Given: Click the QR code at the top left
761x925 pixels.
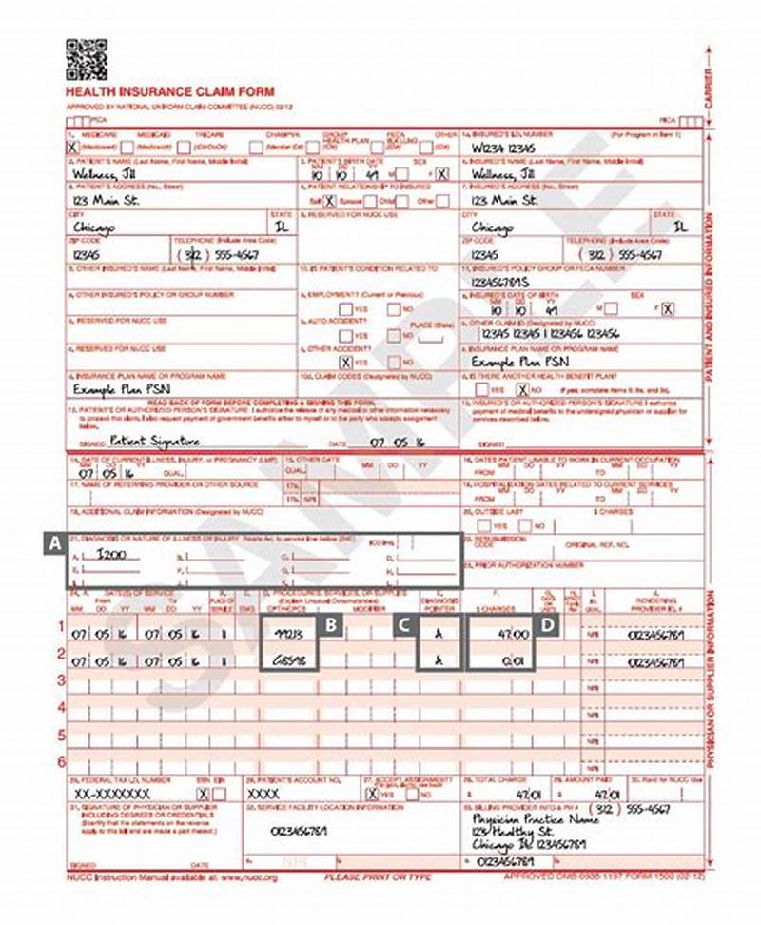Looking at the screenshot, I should coord(86,59).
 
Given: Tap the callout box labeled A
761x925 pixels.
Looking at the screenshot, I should coord(55,544).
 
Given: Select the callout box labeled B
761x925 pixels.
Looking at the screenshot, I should coord(330,626).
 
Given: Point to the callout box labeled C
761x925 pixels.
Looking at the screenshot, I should coord(405,626).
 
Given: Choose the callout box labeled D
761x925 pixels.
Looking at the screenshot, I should coord(546,626).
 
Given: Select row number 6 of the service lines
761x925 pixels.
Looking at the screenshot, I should coord(61,761).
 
